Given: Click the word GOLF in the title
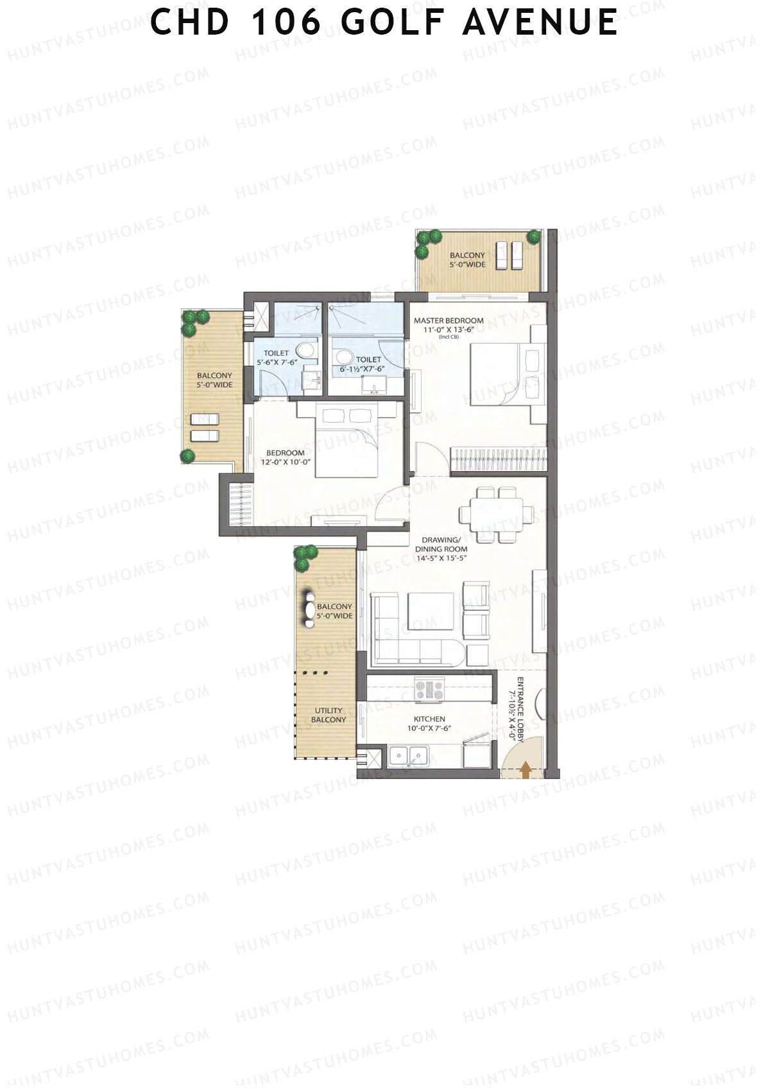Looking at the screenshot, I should coord(393,22).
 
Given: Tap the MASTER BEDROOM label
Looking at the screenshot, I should coord(449,320).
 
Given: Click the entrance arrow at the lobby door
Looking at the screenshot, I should coord(526,769).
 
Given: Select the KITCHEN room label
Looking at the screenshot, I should coord(429,719).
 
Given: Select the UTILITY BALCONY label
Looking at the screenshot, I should coord(328,715).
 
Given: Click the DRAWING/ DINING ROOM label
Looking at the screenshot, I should coord(441,544).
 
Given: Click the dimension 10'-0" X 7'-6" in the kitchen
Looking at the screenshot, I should coord(429,728).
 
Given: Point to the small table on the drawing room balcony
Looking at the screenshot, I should coord(310,606).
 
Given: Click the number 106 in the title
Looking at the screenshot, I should coord(286,22).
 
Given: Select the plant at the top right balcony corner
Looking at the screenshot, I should coord(533,237).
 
